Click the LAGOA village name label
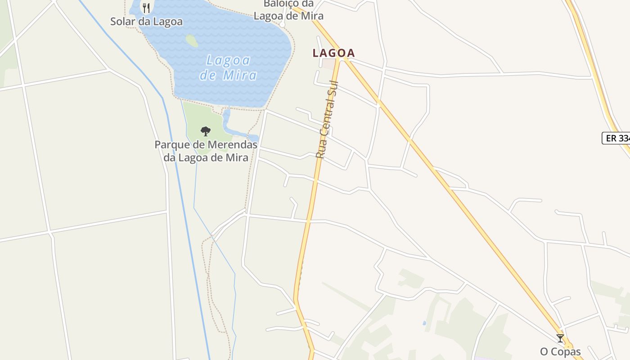(x=333, y=53)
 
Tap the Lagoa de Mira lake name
(x=228, y=67)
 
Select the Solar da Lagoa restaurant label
(x=147, y=22)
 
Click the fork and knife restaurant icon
(x=146, y=8)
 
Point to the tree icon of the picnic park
(x=206, y=131)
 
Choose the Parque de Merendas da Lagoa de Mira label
(x=206, y=151)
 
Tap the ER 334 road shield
(x=617, y=138)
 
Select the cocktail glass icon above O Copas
(x=560, y=338)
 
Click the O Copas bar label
(x=560, y=351)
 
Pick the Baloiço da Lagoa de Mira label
(x=288, y=10)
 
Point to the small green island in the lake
(x=192, y=40)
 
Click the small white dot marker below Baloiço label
(x=282, y=24)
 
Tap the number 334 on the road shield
(x=624, y=138)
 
